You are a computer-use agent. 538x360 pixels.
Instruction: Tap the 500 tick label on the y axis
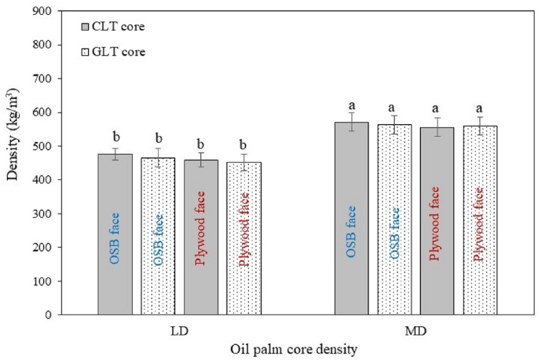pos(45,146)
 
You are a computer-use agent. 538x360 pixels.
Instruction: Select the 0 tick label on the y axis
pos(51,315)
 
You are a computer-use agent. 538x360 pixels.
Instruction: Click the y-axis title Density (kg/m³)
pos(14,163)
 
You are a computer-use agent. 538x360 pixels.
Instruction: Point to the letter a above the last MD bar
pos(480,105)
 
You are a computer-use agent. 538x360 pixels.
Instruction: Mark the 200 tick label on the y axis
pos(45,248)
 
